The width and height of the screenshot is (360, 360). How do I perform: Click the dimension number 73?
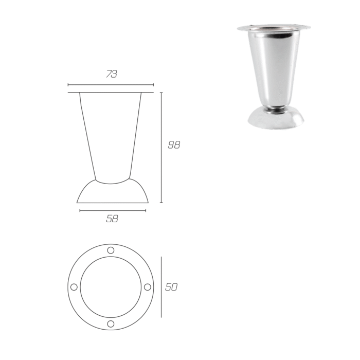(x=112, y=74)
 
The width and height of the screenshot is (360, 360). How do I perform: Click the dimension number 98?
(x=174, y=145)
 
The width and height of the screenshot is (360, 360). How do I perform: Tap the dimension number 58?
(x=112, y=219)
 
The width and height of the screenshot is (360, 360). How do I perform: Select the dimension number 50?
(x=171, y=287)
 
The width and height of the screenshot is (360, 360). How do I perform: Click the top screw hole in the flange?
(x=111, y=250)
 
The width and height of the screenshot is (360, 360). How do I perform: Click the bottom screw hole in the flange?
(x=111, y=323)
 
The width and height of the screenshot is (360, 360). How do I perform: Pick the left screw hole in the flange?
(x=74, y=287)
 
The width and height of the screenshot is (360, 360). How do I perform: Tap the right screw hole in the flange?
(x=148, y=287)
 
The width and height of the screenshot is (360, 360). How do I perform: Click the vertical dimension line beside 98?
(x=161, y=148)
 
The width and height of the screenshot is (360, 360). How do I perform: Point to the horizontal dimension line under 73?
(x=111, y=85)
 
